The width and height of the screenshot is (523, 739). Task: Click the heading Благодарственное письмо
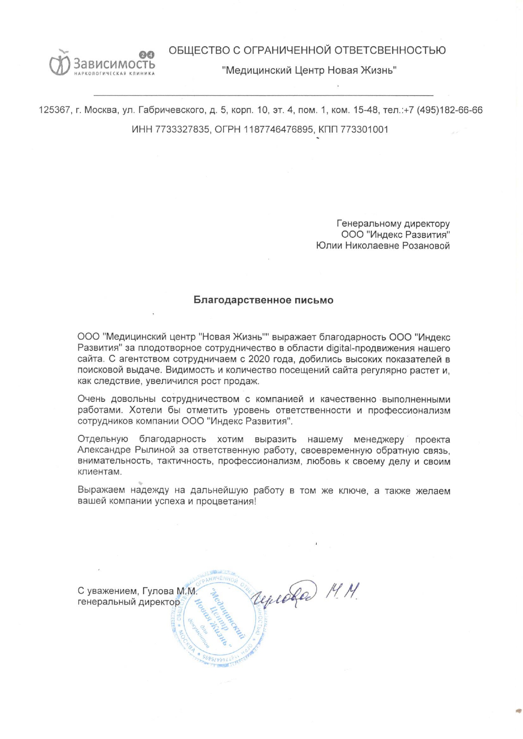263,300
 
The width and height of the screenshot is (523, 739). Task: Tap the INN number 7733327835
182,130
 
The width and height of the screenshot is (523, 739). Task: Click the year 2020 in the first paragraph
261,359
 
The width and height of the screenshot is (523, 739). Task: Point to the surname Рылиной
154,450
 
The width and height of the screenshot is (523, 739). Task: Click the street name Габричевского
171,110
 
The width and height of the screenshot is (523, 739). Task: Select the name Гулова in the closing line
158,591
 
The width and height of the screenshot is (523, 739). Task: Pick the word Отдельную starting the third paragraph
103,439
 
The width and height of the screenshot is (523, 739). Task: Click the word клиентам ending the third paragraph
100,472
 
